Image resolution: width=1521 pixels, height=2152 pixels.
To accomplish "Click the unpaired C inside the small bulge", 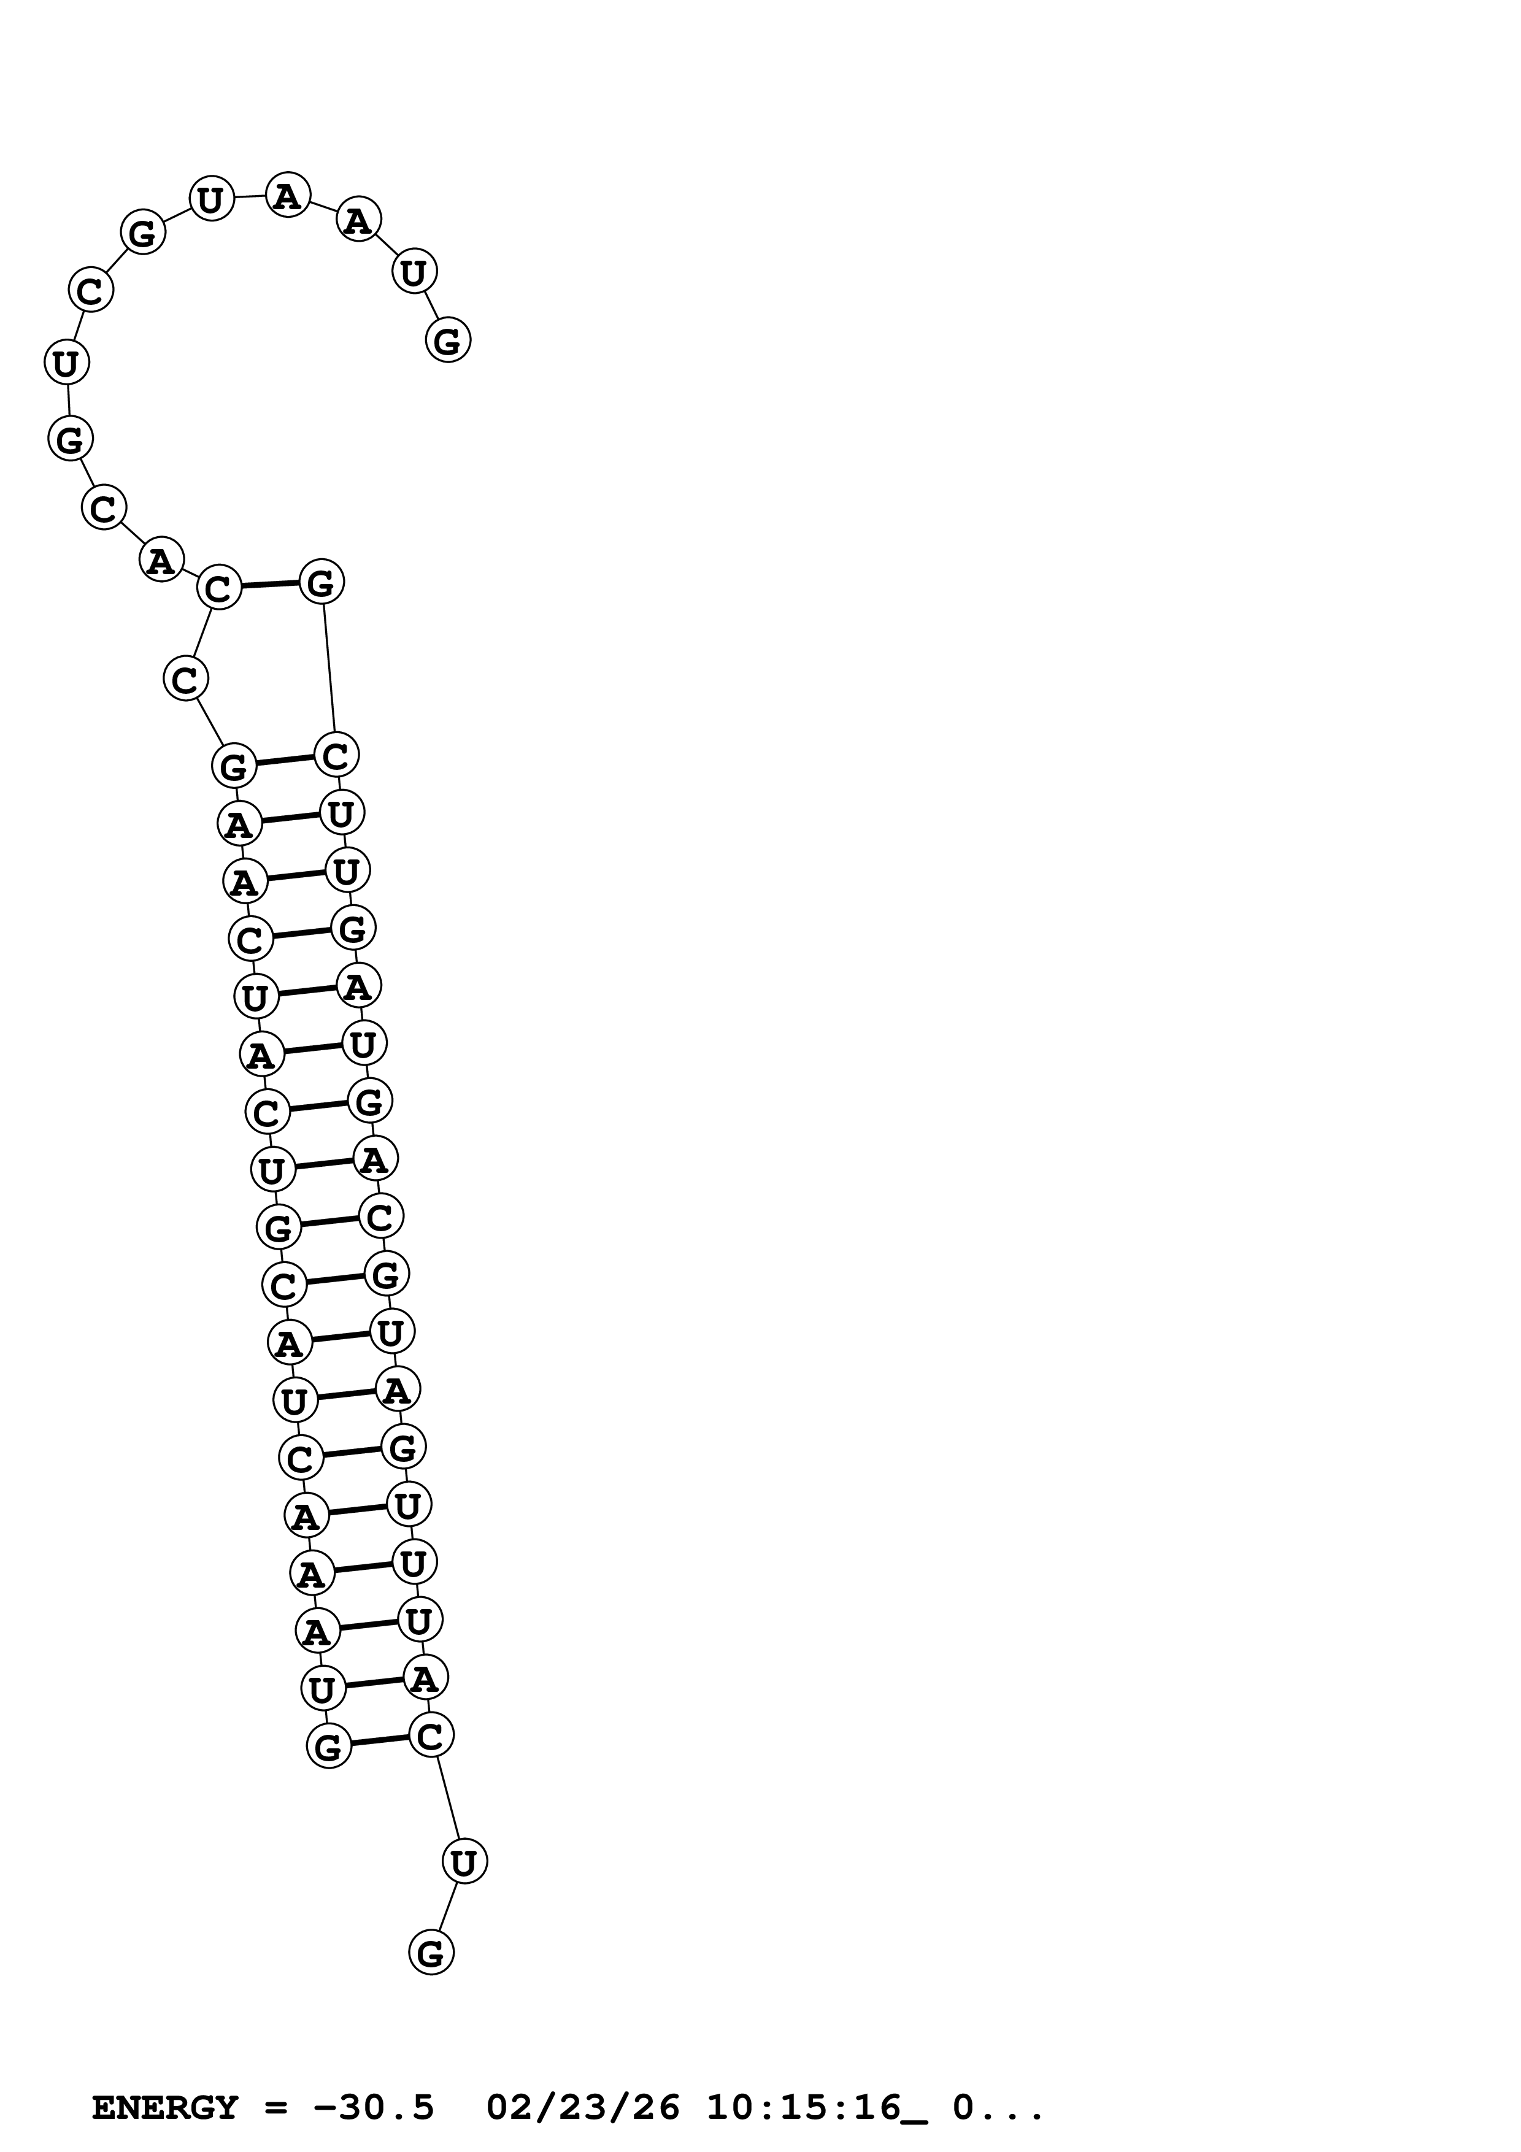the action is (185, 678).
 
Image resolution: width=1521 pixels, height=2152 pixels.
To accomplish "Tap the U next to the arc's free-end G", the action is (414, 272).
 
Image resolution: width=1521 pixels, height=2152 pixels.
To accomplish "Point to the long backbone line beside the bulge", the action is (329, 667).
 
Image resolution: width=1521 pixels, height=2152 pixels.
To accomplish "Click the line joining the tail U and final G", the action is (448, 1907).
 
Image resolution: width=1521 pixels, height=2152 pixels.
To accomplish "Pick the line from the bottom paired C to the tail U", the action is (448, 1797).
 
